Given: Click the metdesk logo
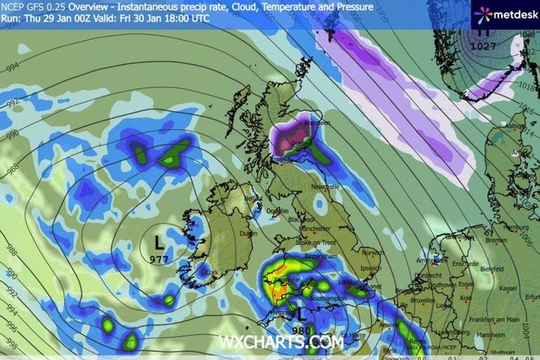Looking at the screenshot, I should (501, 14).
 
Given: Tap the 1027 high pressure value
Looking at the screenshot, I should (483, 46).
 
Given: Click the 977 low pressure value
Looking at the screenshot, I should (160, 259).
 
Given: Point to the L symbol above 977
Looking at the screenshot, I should (160, 243).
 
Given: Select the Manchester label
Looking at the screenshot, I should (314, 229).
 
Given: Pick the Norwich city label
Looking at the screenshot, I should (373, 252).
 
